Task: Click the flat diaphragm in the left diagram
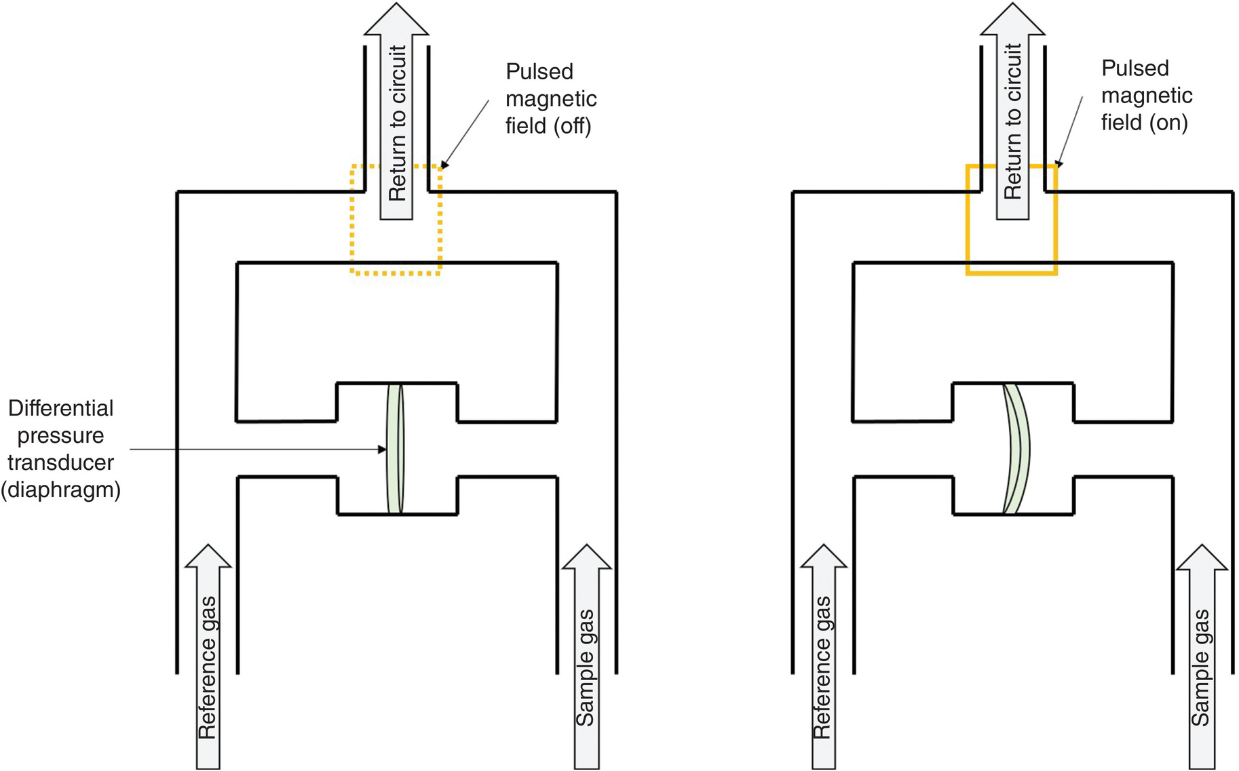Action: (x=395, y=449)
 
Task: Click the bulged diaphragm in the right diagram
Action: (x=1017, y=449)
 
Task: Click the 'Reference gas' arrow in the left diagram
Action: (x=208, y=658)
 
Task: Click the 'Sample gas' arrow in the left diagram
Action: (x=586, y=658)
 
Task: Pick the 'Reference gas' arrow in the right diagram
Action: (x=823, y=658)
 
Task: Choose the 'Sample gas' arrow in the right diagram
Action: (x=1201, y=658)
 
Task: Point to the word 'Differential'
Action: (x=61, y=408)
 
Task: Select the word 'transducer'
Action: (x=61, y=462)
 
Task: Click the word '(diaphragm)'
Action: (x=61, y=490)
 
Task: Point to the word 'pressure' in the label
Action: (x=61, y=435)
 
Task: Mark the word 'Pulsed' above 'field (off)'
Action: (x=539, y=71)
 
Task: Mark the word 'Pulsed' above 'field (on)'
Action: (x=1135, y=68)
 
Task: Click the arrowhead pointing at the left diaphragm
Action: (x=382, y=449)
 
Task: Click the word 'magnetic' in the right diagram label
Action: (x=1147, y=96)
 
